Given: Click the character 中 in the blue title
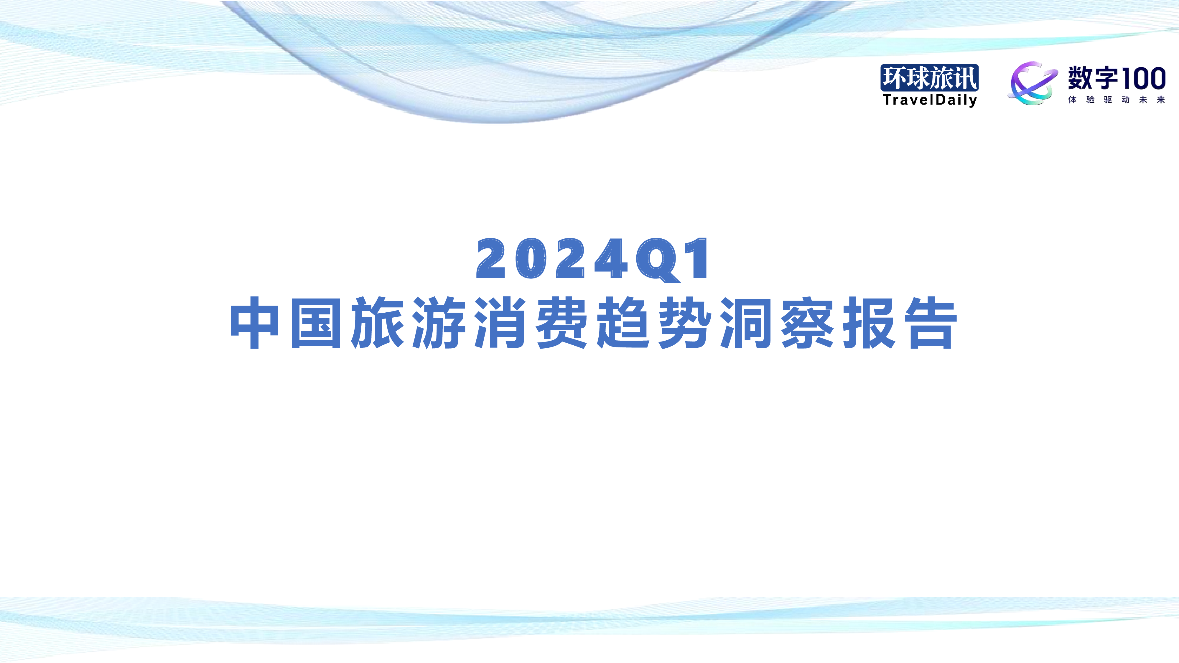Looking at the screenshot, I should click(254, 323).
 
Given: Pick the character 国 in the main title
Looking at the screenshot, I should click(316, 323).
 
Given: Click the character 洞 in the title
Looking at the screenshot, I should click(746, 323).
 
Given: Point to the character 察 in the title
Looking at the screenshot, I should click(807, 323).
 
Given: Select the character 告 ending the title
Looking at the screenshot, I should click(931, 323).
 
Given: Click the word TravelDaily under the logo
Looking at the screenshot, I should click(930, 100).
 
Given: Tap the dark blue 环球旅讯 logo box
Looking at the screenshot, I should click(930, 78).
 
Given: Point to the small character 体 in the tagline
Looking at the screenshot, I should click(1072, 100).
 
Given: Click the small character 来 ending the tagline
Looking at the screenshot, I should click(1161, 100).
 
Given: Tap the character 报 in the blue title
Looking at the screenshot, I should click(869, 323).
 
